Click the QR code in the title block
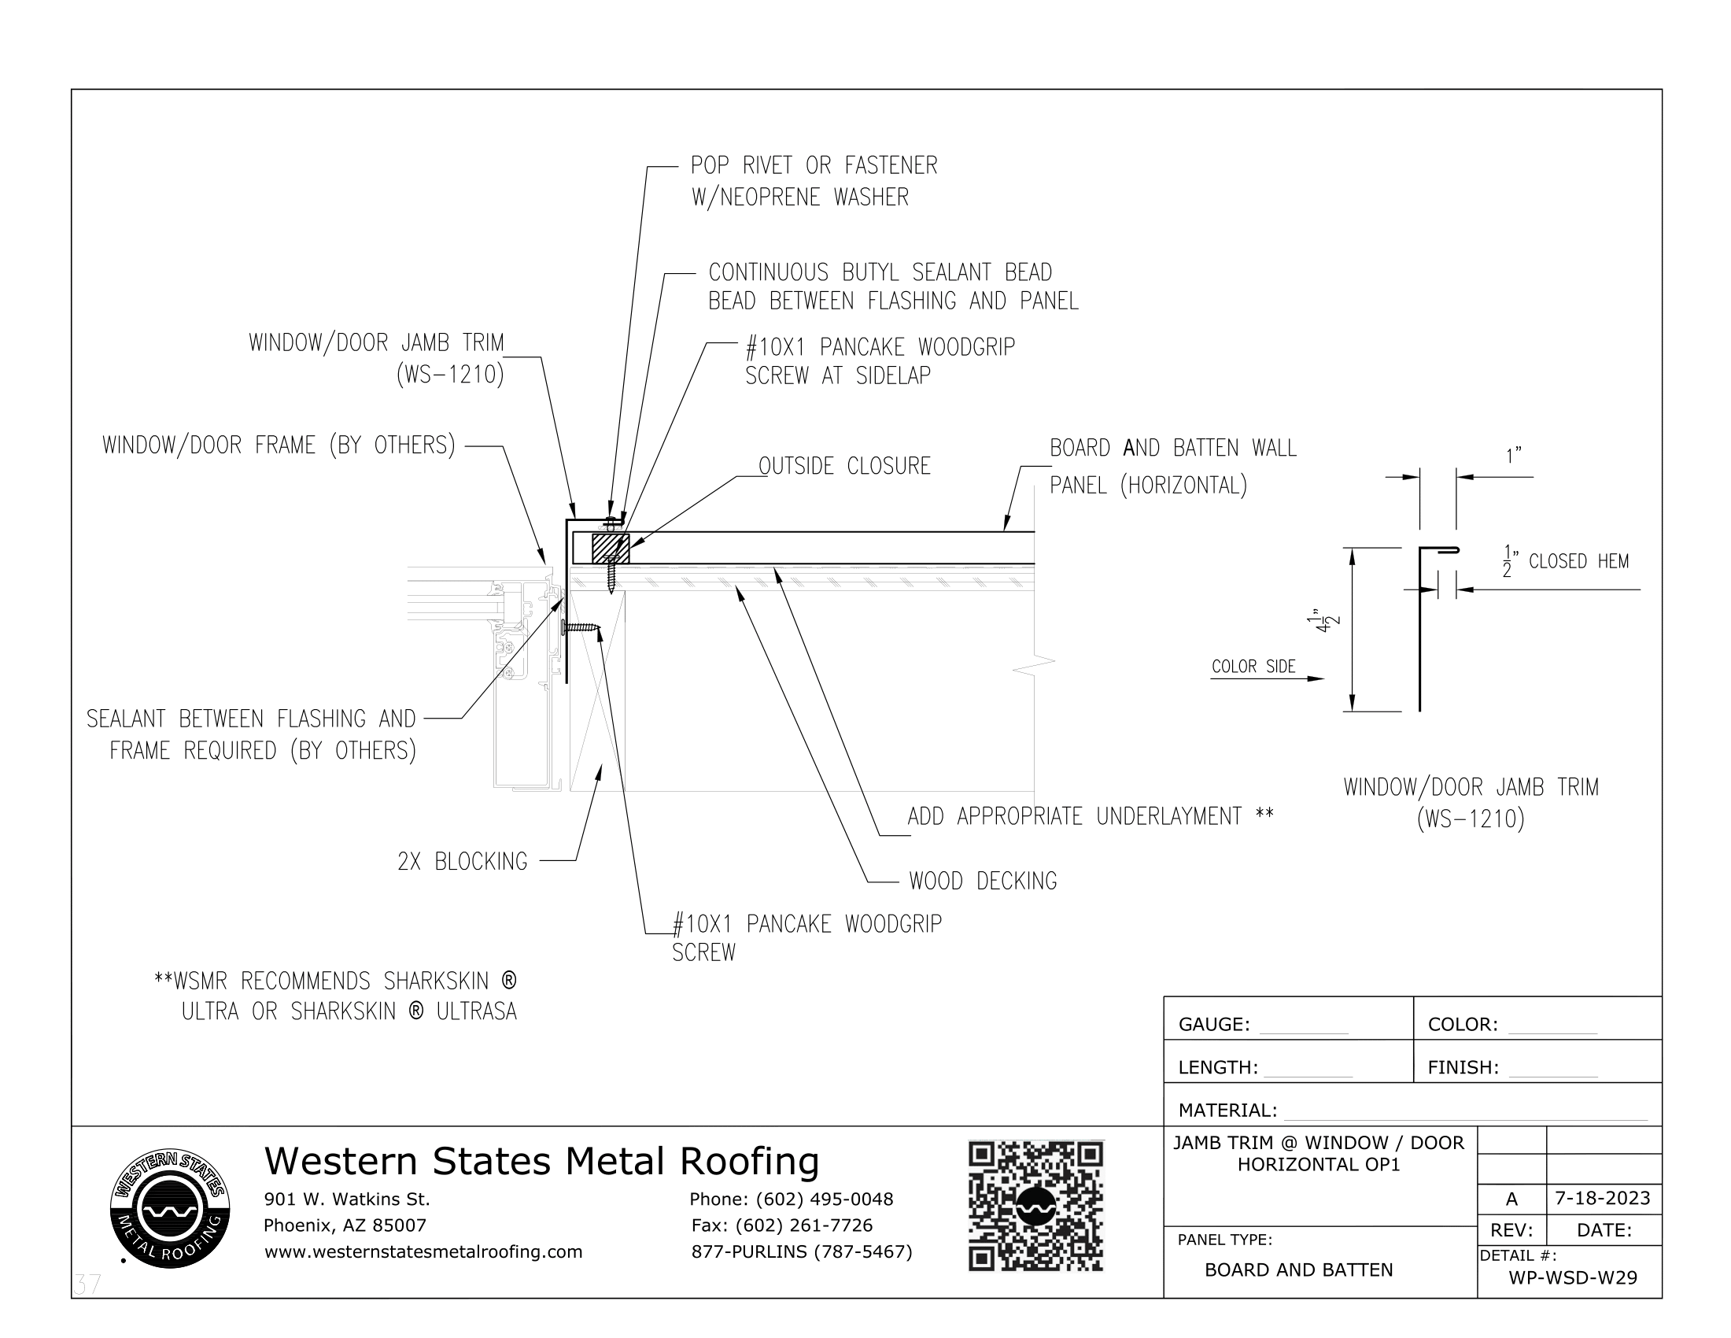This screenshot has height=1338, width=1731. point(1035,1206)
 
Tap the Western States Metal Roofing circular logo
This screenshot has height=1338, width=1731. point(170,1209)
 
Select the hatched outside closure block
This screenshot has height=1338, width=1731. point(611,549)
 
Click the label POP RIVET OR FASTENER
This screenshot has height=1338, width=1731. point(814,165)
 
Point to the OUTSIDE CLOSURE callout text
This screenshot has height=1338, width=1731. point(844,466)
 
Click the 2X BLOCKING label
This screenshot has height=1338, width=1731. point(462,862)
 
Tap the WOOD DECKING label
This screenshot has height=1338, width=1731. point(983,882)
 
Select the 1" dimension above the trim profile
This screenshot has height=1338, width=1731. point(1513,456)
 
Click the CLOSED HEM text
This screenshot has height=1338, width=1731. point(1578,562)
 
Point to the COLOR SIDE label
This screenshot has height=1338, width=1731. point(1253,667)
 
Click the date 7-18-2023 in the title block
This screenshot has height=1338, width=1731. point(1603,1198)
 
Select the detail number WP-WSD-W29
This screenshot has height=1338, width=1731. point(1573,1278)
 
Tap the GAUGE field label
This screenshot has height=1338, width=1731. point(1213,1025)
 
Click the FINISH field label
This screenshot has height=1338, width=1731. point(1463,1068)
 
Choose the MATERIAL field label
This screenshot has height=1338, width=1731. point(1227,1111)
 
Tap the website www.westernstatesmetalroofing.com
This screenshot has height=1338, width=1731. point(423,1251)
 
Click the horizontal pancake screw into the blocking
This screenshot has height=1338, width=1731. point(581,628)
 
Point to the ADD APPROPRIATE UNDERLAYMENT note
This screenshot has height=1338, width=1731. point(1090,816)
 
